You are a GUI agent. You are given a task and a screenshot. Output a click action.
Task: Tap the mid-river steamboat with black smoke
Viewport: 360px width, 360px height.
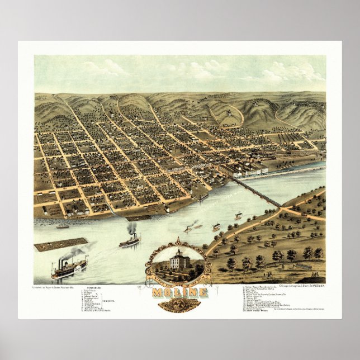[x=130, y=241]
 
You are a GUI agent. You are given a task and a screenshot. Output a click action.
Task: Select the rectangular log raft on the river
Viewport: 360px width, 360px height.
[x=60, y=244]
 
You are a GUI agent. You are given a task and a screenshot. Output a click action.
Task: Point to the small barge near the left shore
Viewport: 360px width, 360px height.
[x=62, y=226]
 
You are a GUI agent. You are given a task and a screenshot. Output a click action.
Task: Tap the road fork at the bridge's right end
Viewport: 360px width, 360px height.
[x=281, y=209]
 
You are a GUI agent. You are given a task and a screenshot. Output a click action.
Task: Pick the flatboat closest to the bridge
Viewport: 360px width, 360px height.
[x=238, y=215]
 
